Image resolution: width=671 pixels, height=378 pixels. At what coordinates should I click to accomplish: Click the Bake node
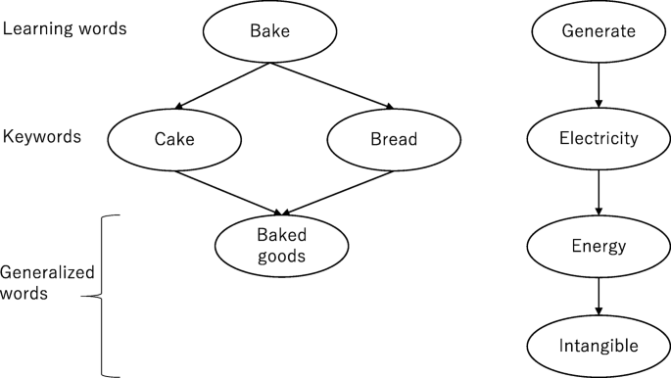point(268,33)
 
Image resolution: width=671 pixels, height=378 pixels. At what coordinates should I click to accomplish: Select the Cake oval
point(175,139)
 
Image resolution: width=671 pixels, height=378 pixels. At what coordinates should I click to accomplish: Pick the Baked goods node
point(282,245)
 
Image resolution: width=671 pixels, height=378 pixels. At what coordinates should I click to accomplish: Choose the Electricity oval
point(599,138)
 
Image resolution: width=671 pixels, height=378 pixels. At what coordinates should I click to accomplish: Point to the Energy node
point(599,245)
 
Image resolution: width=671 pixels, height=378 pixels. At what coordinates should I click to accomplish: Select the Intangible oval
point(599,345)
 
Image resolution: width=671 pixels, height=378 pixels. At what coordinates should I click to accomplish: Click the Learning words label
point(65,28)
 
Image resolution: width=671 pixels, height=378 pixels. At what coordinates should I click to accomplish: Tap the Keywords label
point(42,136)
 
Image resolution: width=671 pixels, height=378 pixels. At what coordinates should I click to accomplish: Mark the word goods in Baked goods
point(282,257)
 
